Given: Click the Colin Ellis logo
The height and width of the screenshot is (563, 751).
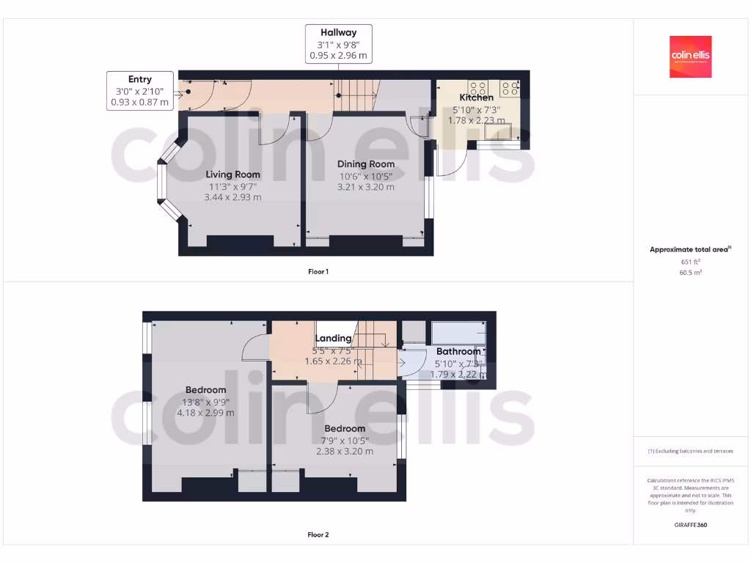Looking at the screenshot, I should (x=690, y=56).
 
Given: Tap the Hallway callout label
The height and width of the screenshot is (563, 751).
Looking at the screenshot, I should (x=338, y=43).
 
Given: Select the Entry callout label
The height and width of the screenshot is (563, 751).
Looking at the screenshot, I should (x=140, y=91).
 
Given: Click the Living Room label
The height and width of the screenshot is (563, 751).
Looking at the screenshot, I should (x=232, y=174).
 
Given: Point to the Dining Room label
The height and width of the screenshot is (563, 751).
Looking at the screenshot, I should (x=365, y=164).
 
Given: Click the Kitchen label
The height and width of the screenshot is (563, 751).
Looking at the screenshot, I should (x=477, y=97).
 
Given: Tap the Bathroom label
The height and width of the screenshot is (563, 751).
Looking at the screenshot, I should (x=458, y=352).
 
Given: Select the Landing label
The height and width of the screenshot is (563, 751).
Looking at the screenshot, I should (x=333, y=338).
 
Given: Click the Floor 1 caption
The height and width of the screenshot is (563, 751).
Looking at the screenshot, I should (x=318, y=272).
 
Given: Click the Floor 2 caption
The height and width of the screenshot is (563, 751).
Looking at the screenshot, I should (x=318, y=535).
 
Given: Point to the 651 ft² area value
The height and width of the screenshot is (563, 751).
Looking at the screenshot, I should (x=690, y=261).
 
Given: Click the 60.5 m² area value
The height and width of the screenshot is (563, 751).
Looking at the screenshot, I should (x=690, y=272).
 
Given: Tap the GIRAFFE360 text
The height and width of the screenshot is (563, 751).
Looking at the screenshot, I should (x=690, y=525).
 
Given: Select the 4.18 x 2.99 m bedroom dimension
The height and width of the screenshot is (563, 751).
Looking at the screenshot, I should (x=205, y=413).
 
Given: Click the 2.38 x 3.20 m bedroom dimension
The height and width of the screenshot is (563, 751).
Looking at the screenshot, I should (x=345, y=452).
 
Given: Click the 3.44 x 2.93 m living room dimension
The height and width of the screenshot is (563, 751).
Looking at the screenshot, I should (x=232, y=197).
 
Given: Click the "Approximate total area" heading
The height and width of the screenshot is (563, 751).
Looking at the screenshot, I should (x=690, y=250).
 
